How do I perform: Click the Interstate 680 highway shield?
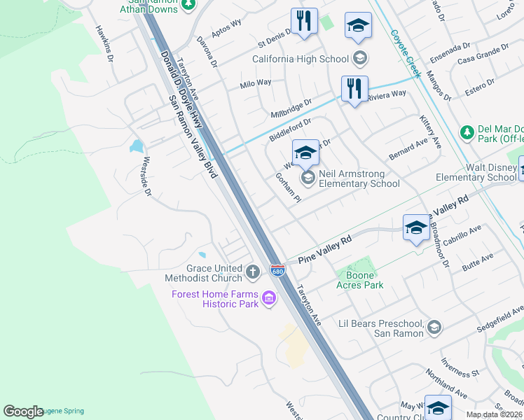click(278, 271)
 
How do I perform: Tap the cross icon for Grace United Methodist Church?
click(254, 270)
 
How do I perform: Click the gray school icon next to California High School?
click(359, 59)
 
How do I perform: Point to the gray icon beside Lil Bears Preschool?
click(434, 327)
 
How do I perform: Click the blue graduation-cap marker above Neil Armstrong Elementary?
click(305, 152)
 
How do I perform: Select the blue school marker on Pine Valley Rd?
click(416, 227)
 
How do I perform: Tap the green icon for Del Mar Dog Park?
click(467, 132)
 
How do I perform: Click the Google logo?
click(23, 411)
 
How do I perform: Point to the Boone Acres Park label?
click(359, 285)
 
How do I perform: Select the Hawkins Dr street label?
click(105, 43)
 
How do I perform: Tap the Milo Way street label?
click(256, 83)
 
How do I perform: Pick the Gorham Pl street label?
click(288, 188)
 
